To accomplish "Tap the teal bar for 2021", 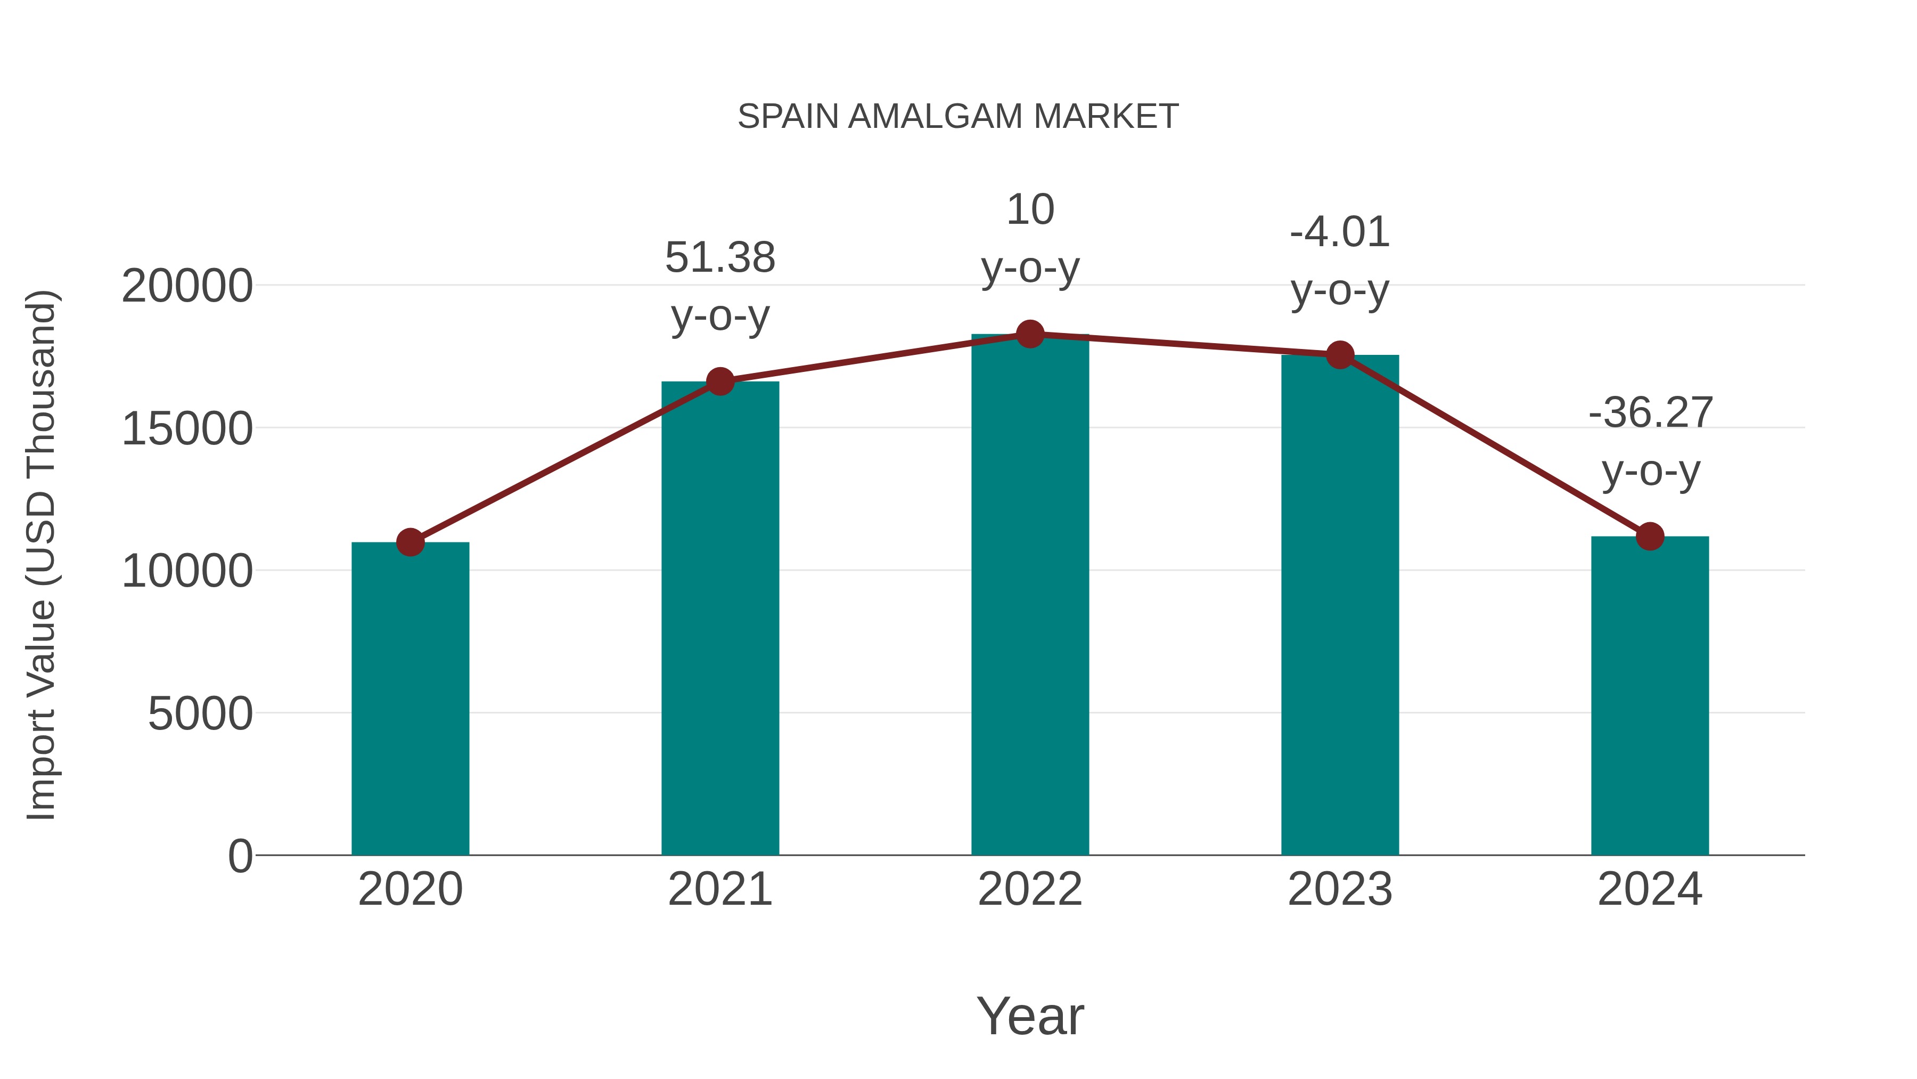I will pos(719,618).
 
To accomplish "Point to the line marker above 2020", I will pos(410,542).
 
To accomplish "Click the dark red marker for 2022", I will pos(1030,334).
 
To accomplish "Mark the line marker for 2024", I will pos(1650,536).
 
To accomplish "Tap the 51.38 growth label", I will pos(719,258).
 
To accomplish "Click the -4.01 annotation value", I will pos(1340,232).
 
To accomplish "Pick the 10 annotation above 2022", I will pos(1030,210).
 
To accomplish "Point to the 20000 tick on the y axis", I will pos(187,286).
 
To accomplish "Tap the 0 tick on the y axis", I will pos(240,856).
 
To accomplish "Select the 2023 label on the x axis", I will pos(1340,889).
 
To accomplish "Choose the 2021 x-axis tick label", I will pos(719,889).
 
